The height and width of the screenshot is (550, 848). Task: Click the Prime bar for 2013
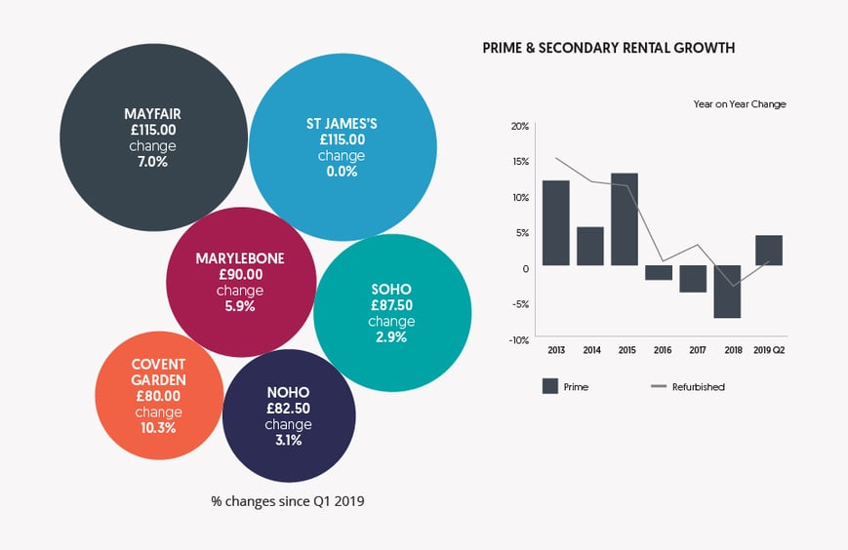pos(556,223)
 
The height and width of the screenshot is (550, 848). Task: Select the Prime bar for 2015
pos(625,219)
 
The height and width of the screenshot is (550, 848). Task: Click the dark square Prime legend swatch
pos(549,386)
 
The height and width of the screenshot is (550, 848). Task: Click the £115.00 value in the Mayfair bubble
pos(153,131)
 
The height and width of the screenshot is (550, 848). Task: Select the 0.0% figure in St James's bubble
pos(342,172)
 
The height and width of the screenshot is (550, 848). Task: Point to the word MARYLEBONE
pos(240,258)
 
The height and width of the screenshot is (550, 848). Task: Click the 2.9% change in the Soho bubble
pos(391,337)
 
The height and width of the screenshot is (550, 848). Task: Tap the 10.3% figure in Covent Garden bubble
pos(156,427)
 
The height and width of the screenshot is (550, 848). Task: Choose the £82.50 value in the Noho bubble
pos(289,409)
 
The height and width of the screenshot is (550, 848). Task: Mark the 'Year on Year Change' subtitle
pos(739,103)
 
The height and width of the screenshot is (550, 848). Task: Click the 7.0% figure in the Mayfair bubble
pos(153,162)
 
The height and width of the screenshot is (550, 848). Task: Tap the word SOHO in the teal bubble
pos(391,289)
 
